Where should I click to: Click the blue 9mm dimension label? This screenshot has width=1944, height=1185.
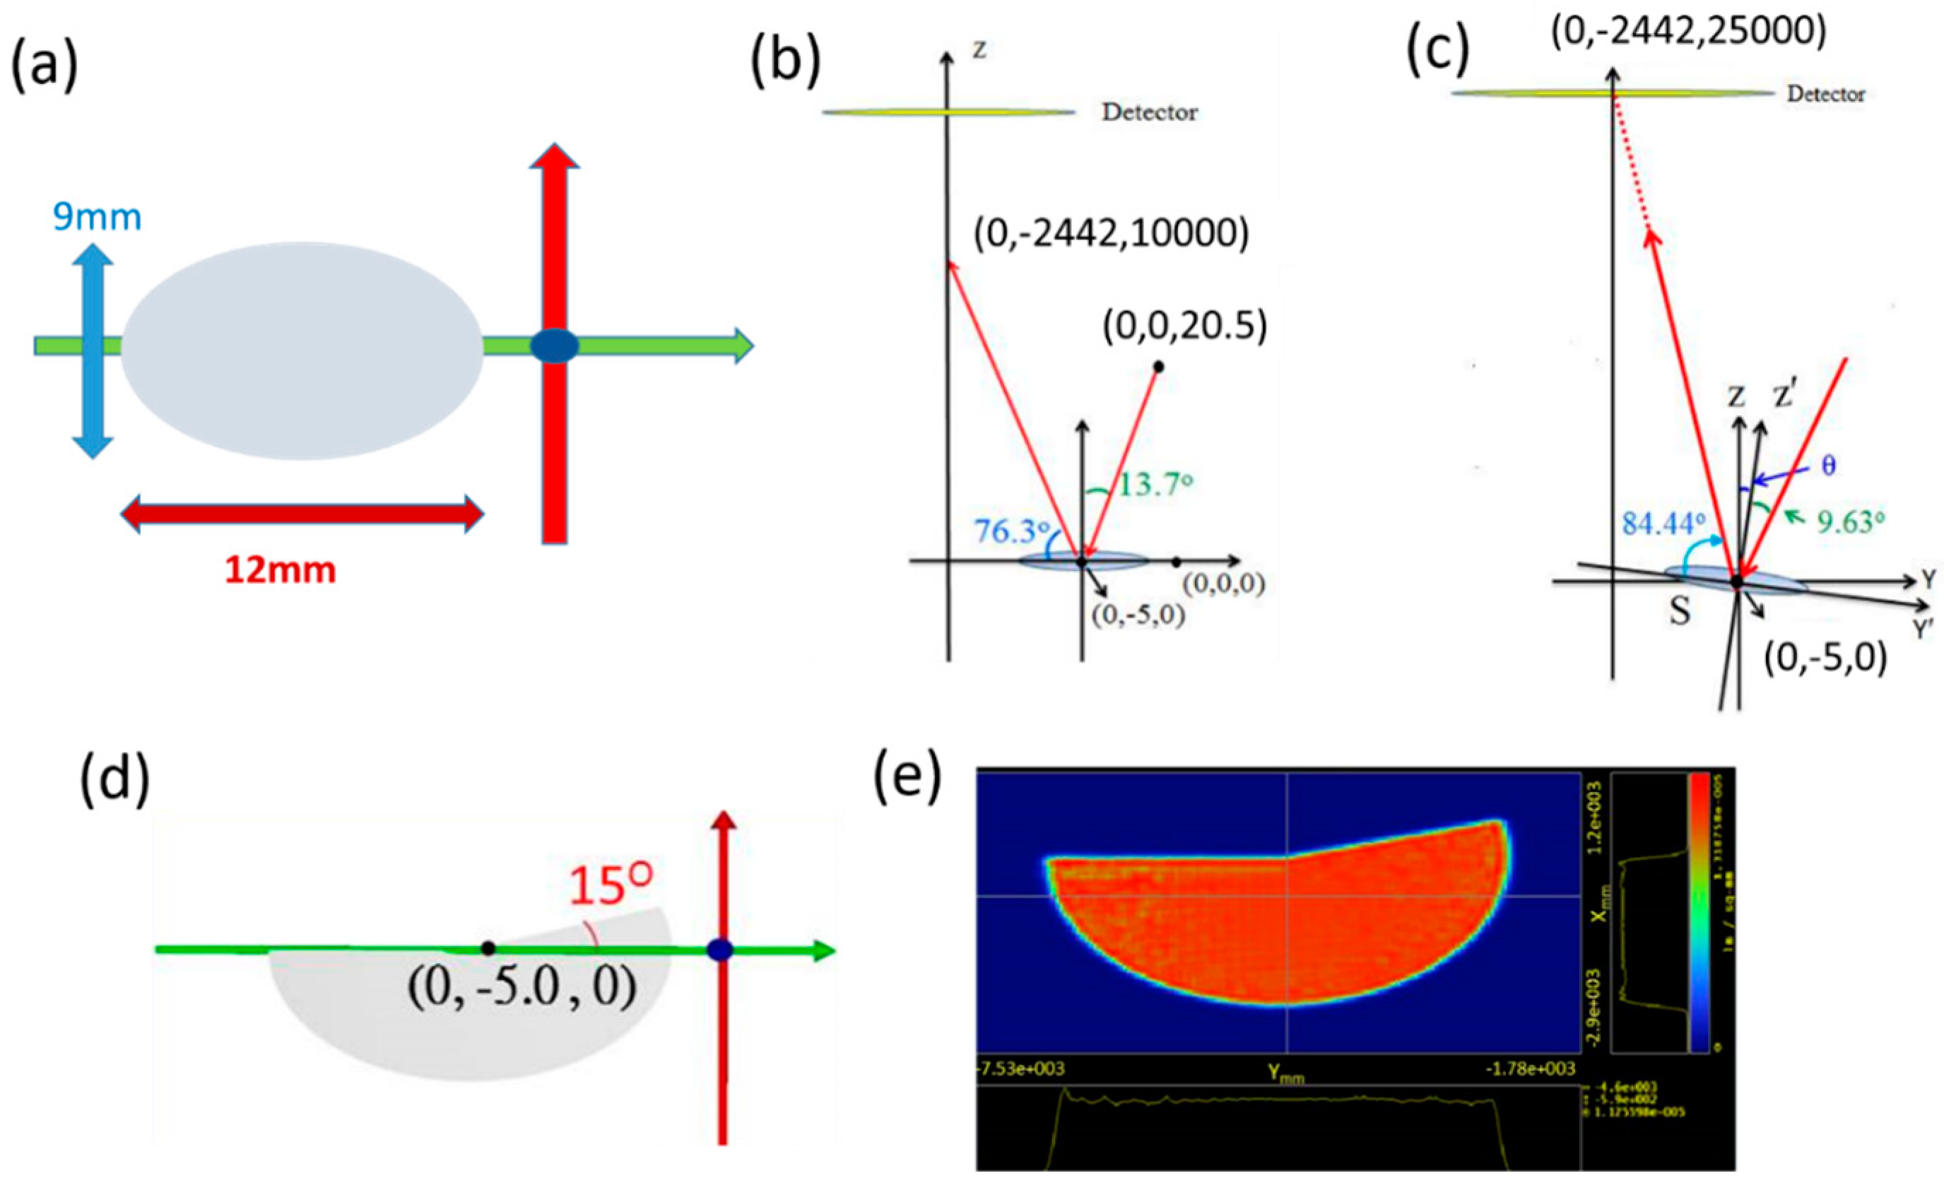point(97,216)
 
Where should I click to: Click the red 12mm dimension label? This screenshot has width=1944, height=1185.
point(280,570)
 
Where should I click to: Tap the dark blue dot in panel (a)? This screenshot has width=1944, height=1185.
point(554,346)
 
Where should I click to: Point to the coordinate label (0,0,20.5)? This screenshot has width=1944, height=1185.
point(1185,326)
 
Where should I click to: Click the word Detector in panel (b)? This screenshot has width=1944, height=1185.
point(1150,113)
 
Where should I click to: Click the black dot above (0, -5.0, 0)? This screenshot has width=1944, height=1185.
point(488,948)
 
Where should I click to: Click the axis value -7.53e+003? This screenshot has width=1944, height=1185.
point(1021,1069)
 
